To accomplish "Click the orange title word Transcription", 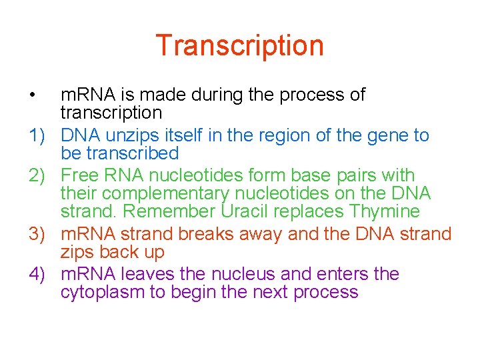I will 239,45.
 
